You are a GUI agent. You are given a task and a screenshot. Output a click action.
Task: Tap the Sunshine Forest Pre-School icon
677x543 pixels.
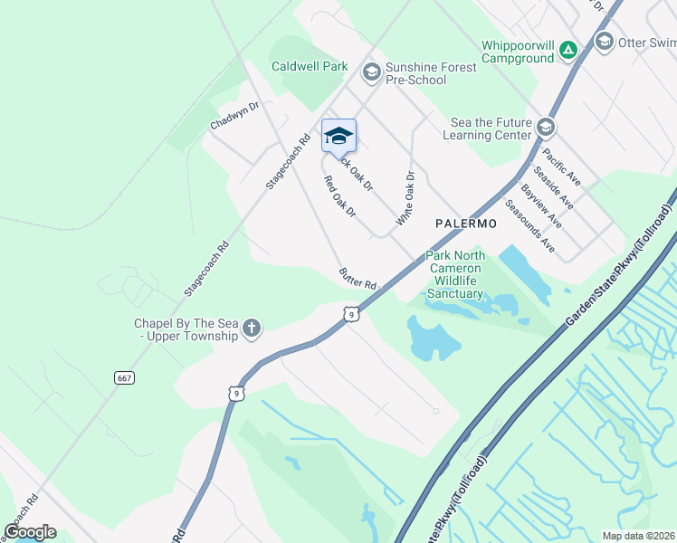coord(371,71)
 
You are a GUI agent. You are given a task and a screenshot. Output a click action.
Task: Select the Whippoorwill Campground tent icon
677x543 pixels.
coord(567,49)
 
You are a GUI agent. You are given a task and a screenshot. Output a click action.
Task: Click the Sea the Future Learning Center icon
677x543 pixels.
coord(545,126)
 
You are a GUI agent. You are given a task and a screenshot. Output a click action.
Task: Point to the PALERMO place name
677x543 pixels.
coord(467,223)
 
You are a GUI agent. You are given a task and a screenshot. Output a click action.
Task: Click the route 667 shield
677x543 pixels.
coord(125,376)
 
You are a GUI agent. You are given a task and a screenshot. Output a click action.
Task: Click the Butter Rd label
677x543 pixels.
coord(358,278)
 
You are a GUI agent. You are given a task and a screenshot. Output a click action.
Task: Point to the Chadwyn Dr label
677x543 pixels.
coord(234,117)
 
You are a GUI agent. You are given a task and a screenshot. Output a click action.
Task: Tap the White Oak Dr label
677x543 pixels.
coord(404,199)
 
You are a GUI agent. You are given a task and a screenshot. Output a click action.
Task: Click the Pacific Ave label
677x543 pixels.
coord(561,167)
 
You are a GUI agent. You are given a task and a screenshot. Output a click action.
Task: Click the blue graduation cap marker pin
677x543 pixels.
coord(338,137)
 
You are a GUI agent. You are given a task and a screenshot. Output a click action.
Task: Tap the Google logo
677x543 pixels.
coord(30,532)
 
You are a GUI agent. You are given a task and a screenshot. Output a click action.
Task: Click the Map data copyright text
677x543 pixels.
coord(639,536)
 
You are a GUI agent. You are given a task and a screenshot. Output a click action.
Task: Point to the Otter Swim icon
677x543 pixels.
coord(604,41)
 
